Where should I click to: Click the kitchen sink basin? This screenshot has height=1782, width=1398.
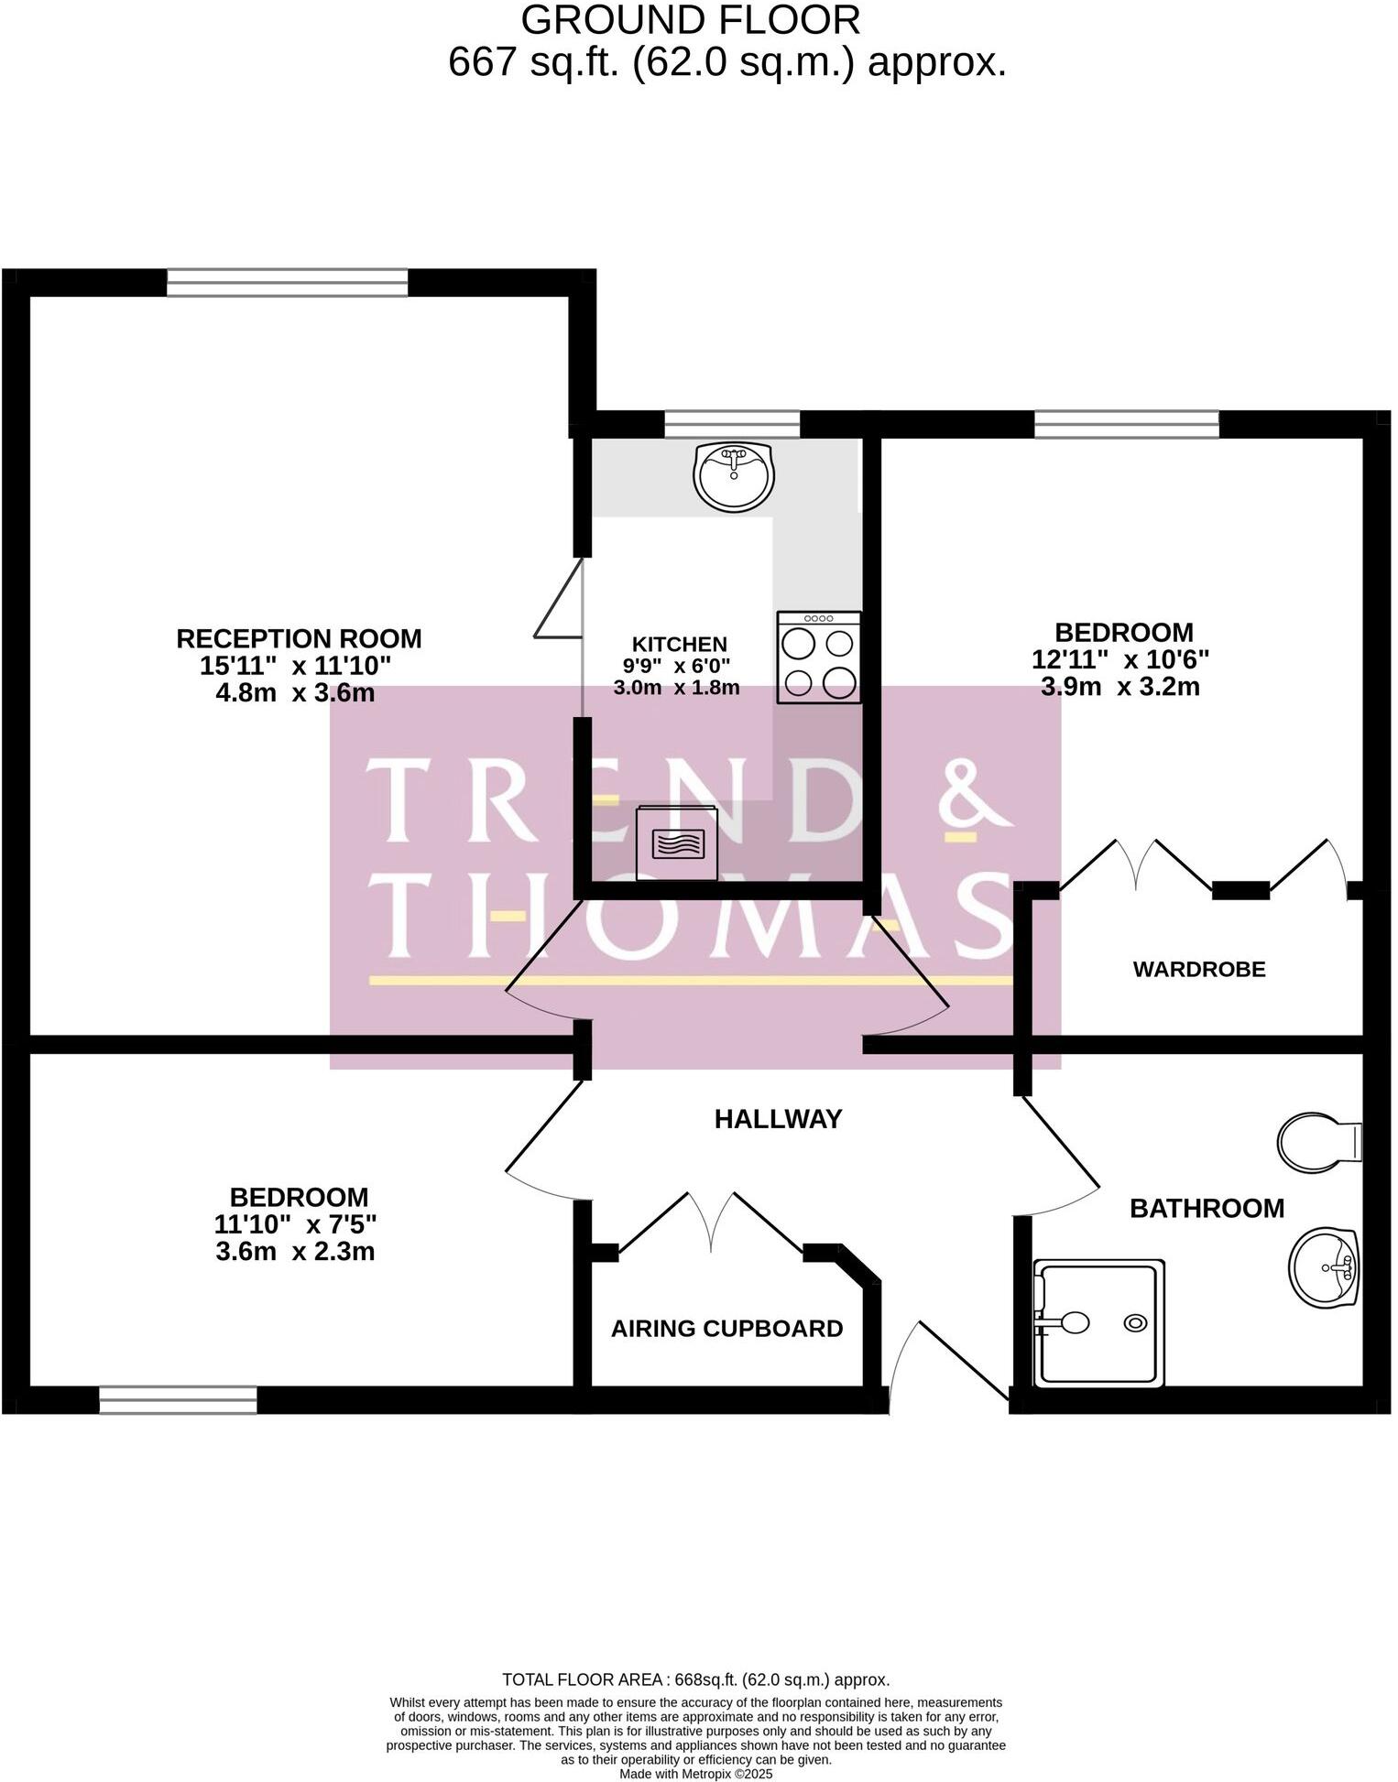pos(734,476)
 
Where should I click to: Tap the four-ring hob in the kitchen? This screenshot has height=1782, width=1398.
pos(818,657)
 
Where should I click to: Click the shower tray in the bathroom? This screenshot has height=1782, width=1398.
pos(1098,1323)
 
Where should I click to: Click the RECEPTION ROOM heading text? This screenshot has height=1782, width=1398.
pos(299,638)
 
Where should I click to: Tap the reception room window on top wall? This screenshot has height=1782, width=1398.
pos(287,283)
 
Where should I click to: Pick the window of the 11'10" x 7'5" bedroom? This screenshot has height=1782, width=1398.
pos(178,1401)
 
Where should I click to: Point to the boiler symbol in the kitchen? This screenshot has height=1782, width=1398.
pos(678,843)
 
